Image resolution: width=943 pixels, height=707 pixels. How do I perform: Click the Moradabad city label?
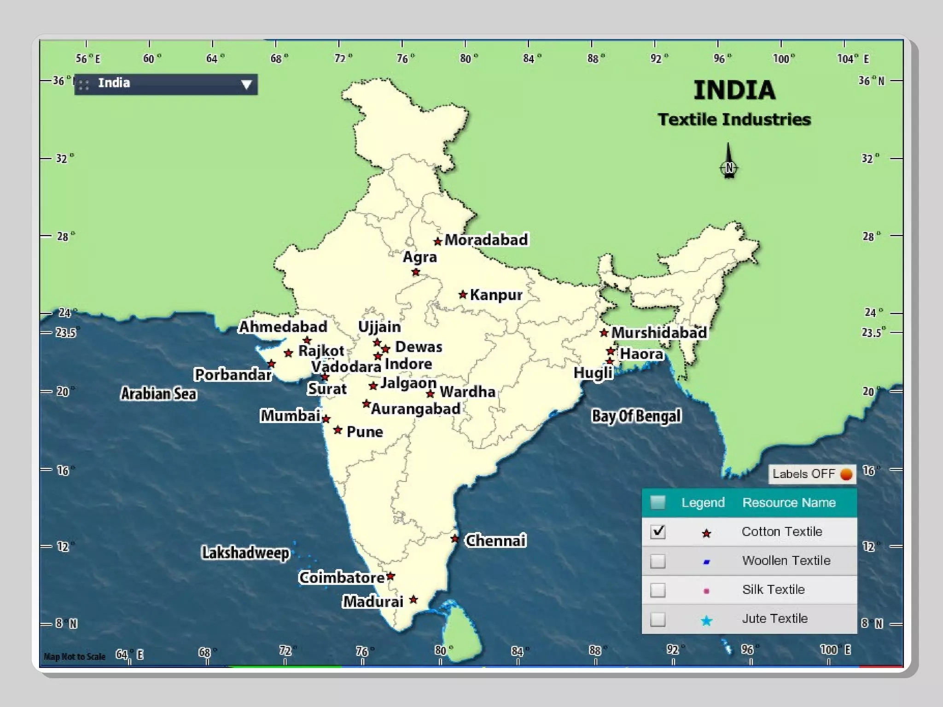pos(486,240)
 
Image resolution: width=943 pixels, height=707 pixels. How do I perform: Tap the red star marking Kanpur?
pos(463,295)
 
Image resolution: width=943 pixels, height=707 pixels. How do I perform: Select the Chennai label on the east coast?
pos(495,540)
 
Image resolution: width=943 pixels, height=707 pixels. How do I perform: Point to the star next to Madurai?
pos(413,599)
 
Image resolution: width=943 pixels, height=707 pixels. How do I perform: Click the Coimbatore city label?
pos(341,577)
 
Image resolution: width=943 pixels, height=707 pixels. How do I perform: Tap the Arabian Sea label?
pos(158,394)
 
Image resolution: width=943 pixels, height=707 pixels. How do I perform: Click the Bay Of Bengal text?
pos(636,416)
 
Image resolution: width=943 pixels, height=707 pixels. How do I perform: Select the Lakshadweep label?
pos(245,552)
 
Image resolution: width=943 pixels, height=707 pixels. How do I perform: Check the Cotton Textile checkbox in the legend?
pos(658,532)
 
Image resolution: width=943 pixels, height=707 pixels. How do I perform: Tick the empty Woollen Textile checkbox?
pos(658,561)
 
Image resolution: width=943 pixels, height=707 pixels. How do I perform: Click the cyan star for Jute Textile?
pos(706,621)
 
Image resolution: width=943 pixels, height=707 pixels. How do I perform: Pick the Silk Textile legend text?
pos(773,590)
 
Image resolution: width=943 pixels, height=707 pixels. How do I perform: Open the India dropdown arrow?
pos(246,85)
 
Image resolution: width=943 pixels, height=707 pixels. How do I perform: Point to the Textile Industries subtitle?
pos(734,120)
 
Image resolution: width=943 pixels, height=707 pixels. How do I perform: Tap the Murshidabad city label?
pos(658,332)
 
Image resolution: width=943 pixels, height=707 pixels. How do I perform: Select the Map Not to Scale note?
pos(75,656)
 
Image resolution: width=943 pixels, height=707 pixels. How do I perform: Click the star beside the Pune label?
pos(338,430)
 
